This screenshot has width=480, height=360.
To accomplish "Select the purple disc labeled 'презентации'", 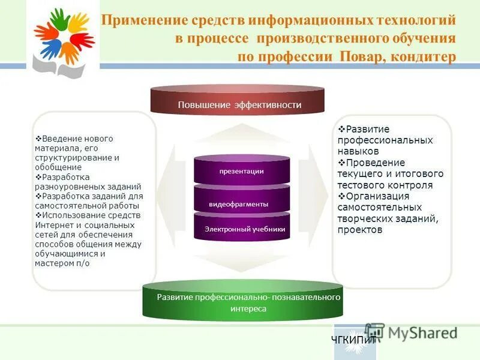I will pos(241,171).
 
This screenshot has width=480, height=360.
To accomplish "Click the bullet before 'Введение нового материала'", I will pos(38,139).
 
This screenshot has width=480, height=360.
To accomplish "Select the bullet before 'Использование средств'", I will pos(38,215).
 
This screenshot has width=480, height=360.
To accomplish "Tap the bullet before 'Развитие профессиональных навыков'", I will pos(341,129).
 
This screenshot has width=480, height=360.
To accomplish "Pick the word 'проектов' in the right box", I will pos(359,230).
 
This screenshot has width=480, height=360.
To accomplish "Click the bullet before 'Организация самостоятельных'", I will pos(341,196).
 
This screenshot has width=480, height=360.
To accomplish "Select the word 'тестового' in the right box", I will pos(361,185).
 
